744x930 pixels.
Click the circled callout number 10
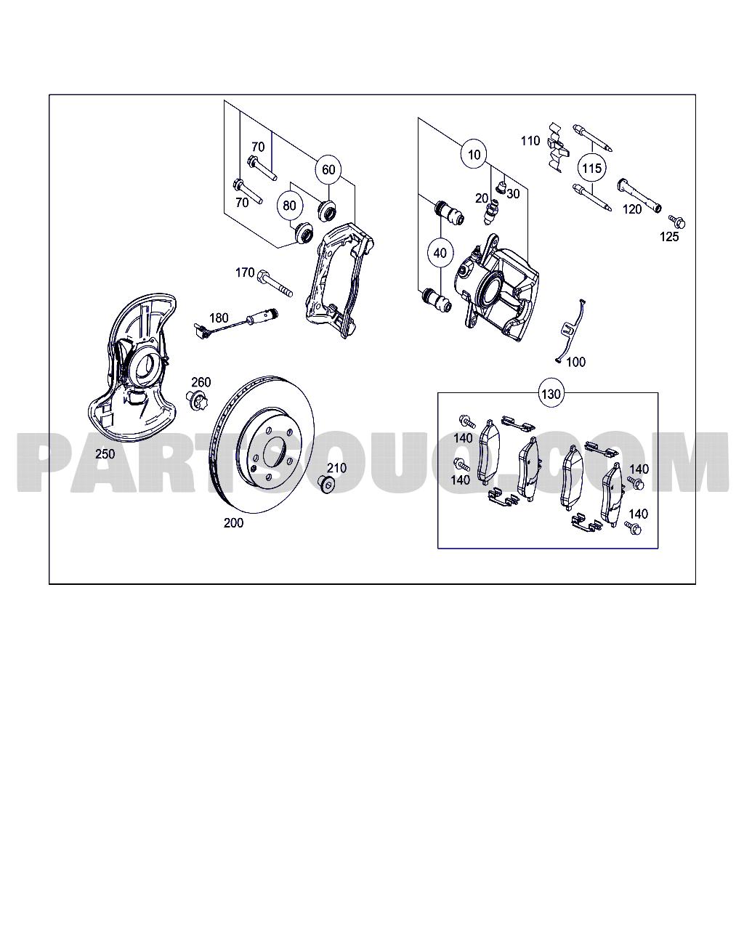[x=474, y=155]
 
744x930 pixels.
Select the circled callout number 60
[x=328, y=170]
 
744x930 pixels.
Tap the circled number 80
[x=289, y=206]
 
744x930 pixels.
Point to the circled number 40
[x=440, y=254]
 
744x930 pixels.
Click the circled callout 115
[x=592, y=169]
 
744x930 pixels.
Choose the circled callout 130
[x=551, y=394]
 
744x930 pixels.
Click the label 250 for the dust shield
[x=105, y=454]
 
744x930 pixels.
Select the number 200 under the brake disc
[x=233, y=522]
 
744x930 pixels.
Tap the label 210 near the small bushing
[x=336, y=468]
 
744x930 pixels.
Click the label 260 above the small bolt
[x=201, y=382]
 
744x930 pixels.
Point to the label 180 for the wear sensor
[x=219, y=318]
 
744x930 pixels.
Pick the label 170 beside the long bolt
[x=245, y=272]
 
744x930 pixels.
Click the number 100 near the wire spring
[x=575, y=362]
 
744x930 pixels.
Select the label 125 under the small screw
[x=669, y=236]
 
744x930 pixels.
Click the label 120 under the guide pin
[x=632, y=209]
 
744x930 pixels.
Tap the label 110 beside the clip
[x=530, y=140]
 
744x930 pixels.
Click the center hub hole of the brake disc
[x=273, y=453]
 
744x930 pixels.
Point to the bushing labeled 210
[x=328, y=484]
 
